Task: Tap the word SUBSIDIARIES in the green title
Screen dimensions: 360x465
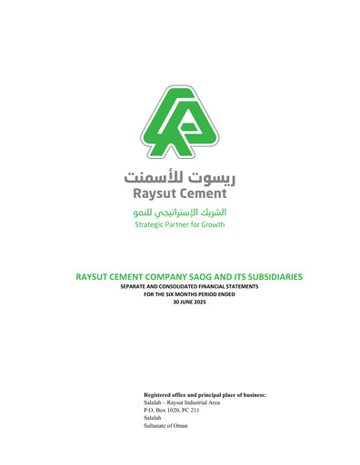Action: click(x=262, y=276)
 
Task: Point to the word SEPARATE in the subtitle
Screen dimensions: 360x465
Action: click(x=136, y=287)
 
